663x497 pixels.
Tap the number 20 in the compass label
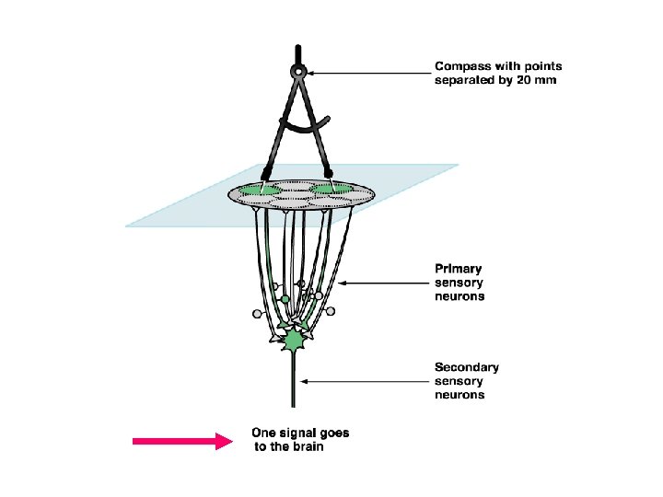pyautogui.click(x=522, y=81)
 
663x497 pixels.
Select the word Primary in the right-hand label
pyautogui.click(x=459, y=269)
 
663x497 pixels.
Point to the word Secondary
pyautogui.click(x=467, y=367)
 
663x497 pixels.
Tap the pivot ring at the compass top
pyautogui.click(x=297, y=71)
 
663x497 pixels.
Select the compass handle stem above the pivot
pyautogui.click(x=297, y=52)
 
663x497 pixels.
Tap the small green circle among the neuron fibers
pyautogui.click(x=285, y=299)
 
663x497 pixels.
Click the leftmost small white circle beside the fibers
pyautogui.click(x=257, y=314)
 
